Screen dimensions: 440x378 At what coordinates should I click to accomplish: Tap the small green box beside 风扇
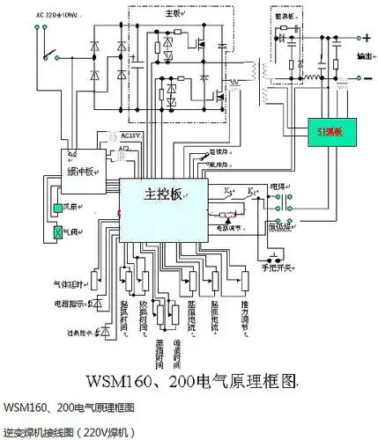(58, 209)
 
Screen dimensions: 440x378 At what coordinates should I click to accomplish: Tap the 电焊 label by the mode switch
(278, 187)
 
